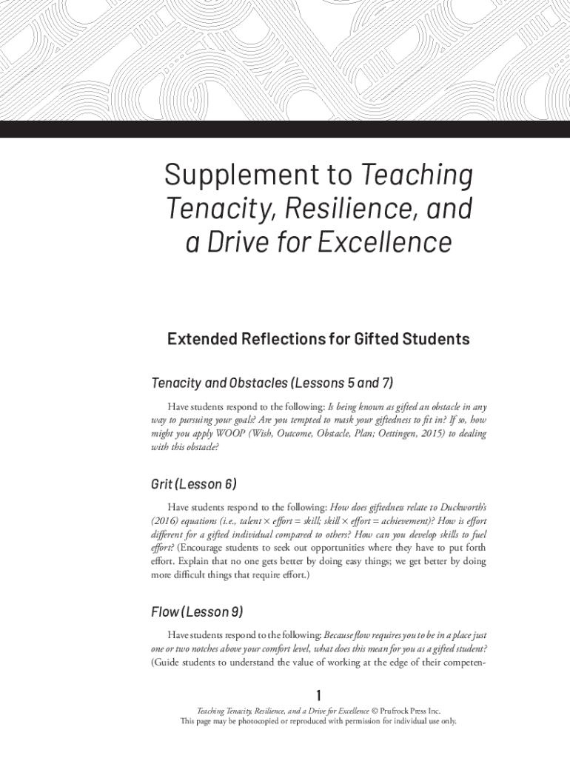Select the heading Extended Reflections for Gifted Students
[318, 339]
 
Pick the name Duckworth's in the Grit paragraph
[463, 507]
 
